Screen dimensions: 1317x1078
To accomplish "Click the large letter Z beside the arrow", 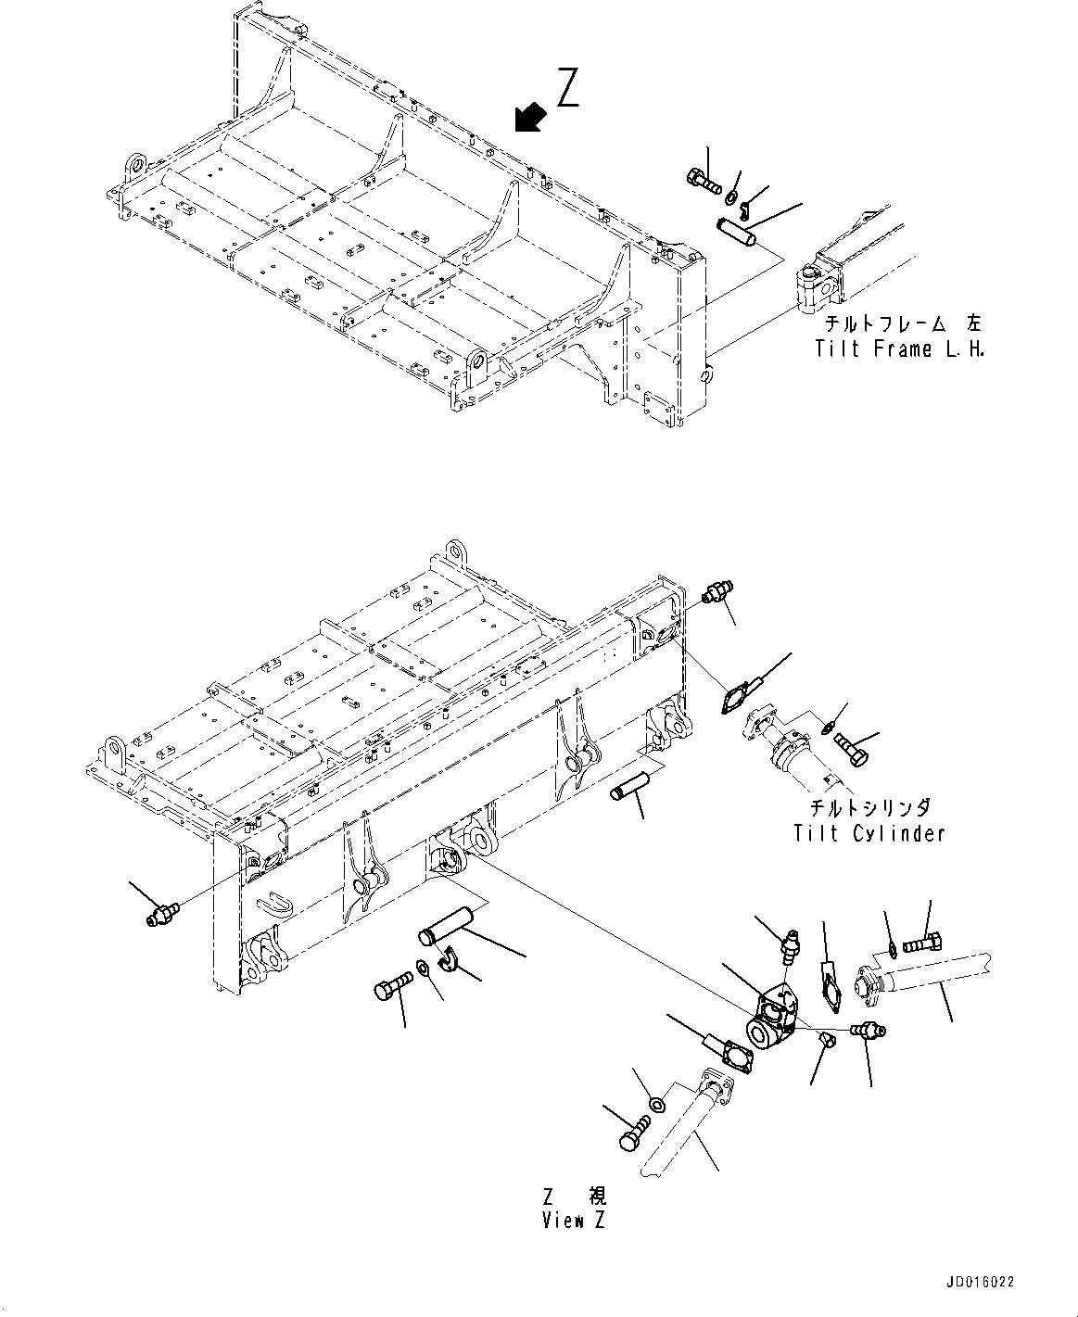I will click(568, 87).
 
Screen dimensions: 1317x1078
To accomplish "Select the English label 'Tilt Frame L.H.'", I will click(898, 348).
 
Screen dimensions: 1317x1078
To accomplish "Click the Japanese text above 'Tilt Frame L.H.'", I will click(904, 324).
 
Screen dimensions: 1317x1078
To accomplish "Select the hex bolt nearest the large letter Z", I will click(703, 181).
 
